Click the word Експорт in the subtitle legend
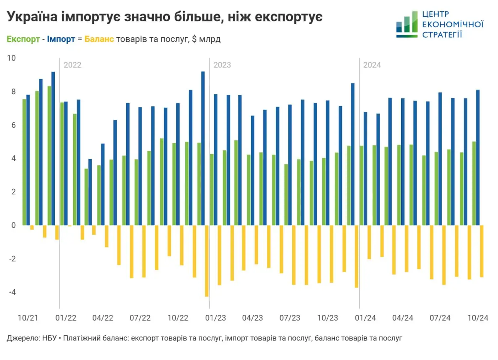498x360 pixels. pos(23,39)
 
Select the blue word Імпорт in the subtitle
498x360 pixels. pos(61,39)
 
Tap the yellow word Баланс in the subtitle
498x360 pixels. pos(99,39)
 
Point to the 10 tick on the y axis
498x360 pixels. pos(11,58)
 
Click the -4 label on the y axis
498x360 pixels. pos(12,292)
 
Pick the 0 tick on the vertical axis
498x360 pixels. pos(14,225)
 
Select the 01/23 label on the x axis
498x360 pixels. pos(215,318)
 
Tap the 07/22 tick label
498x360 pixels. pos(140,318)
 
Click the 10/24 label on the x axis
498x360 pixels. pos(478,318)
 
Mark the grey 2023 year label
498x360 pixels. pos(222,65)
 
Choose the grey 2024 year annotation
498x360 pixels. pos(372,65)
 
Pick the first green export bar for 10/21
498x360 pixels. pos(24,162)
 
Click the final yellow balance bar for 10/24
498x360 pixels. pos(482,251)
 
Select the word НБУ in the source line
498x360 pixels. pos(49,338)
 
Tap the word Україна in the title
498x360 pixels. pos(32,17)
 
